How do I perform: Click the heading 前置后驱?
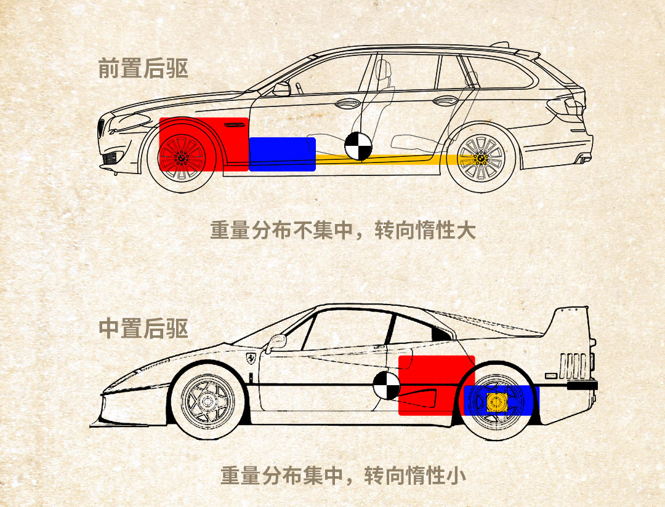[x=143, y=68]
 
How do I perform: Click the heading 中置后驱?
[x=143, y=328]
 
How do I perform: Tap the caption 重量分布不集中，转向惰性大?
[x=343, y=231]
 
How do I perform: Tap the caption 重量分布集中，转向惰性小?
[x=343, y=476]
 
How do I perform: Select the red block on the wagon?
[x=203, y=144]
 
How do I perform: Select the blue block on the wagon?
[x=282, y=154]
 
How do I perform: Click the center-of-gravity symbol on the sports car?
[x=386, y=386]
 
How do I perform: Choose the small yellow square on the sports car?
[x=496, y=403]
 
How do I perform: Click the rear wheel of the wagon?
[x=482, y=158]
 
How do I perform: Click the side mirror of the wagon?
[x=281, y=89]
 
